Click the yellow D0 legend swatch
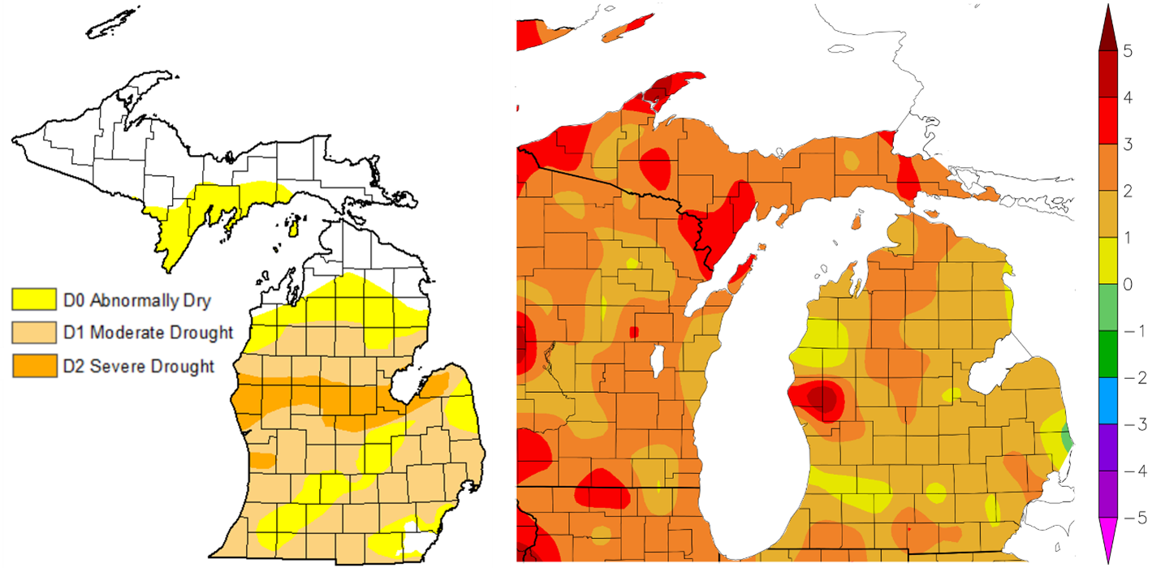(x=33, y=300)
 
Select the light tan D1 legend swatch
(x=33, y=333)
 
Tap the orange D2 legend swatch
(x=33, y=365)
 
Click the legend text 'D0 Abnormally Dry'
(x=136, y=301)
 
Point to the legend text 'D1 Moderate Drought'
(x=148, y=333)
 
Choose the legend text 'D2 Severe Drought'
(x=139, y=366)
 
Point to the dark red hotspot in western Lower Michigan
(x=822, y=398)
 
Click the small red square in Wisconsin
(x=633, y=331)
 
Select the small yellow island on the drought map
(x=295, y=226)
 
